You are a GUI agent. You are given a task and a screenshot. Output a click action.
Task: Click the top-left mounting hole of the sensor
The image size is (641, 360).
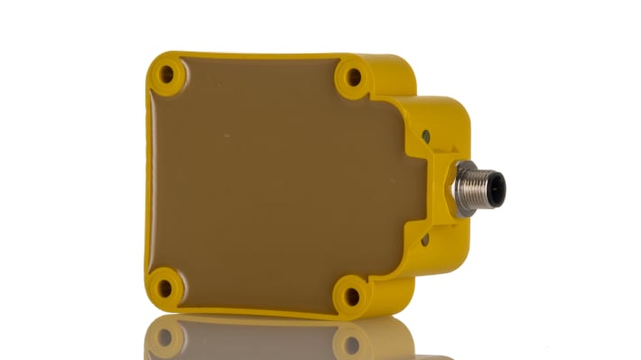[x=165, y=73]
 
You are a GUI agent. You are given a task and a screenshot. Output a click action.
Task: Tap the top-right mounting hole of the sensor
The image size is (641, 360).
[x=353, y=78]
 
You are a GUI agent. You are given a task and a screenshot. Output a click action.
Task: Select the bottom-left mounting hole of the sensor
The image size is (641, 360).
[x=164, y=288]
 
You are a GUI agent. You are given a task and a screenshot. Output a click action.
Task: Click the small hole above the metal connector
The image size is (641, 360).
[x=426, y=135]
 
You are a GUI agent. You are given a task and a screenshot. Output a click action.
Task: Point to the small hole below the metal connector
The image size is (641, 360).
[x=425, y=240]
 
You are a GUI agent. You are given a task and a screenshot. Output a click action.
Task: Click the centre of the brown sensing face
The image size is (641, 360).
[x=271, y=180]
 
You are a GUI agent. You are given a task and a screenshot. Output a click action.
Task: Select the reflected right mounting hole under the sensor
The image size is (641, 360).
[x=351, y=344]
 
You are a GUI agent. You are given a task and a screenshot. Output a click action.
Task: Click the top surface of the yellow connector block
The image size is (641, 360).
[x=442, y=106]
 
